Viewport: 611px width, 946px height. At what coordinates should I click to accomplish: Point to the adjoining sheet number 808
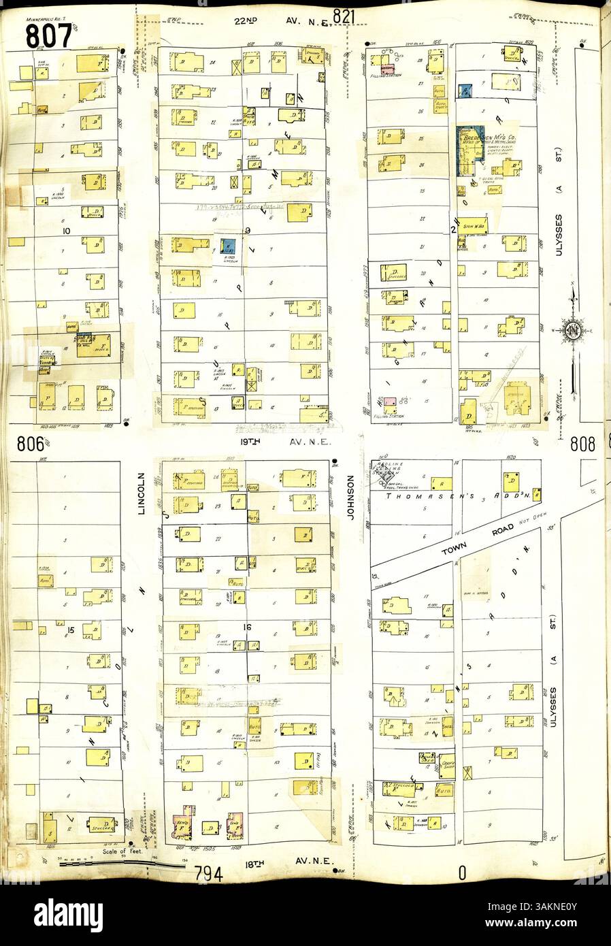coord(582,444)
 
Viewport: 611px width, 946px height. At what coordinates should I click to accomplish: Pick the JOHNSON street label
coord(351,498)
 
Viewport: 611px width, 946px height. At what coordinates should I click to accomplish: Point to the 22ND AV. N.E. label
coord(282,21)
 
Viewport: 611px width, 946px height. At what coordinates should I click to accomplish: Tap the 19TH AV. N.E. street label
coord(286,441)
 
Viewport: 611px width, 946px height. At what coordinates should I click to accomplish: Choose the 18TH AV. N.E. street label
coord(286,861)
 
